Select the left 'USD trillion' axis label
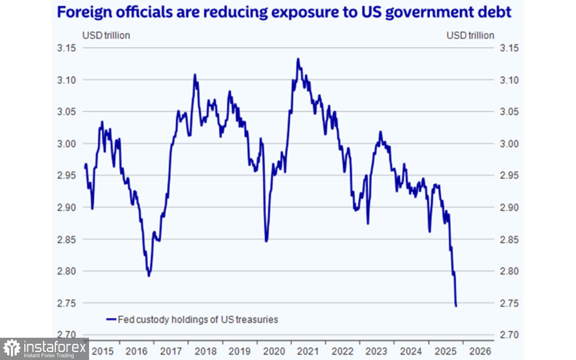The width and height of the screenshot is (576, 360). coord(106,36)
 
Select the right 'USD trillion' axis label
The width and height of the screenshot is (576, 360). coord(470,36)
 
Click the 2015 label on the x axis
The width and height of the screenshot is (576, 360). coord(102,352)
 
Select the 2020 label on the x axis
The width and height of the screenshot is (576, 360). coord(274,352)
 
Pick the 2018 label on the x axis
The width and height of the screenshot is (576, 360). coord(205,352)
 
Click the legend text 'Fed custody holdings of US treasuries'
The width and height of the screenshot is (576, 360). coord(198,319)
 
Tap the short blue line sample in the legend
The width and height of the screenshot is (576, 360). coord(111,319)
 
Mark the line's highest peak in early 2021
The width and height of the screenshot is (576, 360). coord(298,59)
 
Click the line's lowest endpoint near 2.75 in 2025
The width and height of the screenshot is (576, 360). coord(456,306)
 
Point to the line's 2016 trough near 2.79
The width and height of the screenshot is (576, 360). coord(149,275)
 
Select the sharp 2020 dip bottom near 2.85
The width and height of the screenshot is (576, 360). coord(266,241)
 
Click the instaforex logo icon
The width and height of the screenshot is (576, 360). coord(11,348)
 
